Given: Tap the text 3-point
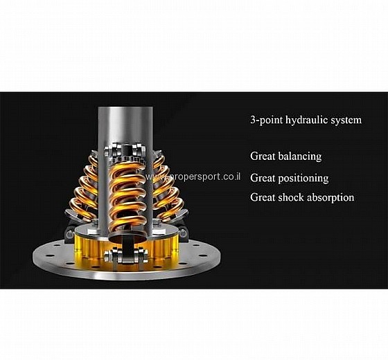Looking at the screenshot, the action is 267,120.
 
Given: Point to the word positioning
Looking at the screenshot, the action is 303,179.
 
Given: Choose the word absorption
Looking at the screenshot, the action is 330,197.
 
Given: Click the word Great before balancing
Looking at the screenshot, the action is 263,156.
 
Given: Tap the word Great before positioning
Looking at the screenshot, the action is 263,178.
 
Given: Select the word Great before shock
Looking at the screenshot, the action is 263,197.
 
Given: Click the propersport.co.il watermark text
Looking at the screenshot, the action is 193,177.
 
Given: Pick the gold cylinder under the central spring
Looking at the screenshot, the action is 127,247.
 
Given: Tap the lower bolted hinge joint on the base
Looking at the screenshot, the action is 126,255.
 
